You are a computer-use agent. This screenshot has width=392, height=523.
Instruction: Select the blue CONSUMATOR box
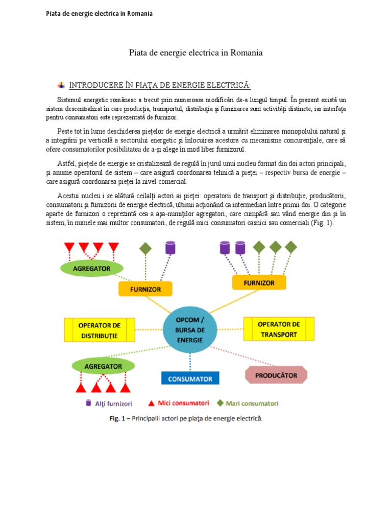190,379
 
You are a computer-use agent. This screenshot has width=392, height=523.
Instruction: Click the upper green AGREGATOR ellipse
91,267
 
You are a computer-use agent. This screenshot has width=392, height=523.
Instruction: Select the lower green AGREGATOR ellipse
103,366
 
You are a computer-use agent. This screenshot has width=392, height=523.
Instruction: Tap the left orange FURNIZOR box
145,289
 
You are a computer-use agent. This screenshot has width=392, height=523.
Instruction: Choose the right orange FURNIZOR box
260,282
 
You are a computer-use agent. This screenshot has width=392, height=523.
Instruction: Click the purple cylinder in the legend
89,403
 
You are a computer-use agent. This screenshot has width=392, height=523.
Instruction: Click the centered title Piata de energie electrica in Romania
196,53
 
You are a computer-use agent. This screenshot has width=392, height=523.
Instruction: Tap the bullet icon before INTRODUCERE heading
61,84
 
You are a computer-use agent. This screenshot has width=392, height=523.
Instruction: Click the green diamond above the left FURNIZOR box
145,249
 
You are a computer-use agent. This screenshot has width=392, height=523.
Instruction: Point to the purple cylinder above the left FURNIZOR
170,248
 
